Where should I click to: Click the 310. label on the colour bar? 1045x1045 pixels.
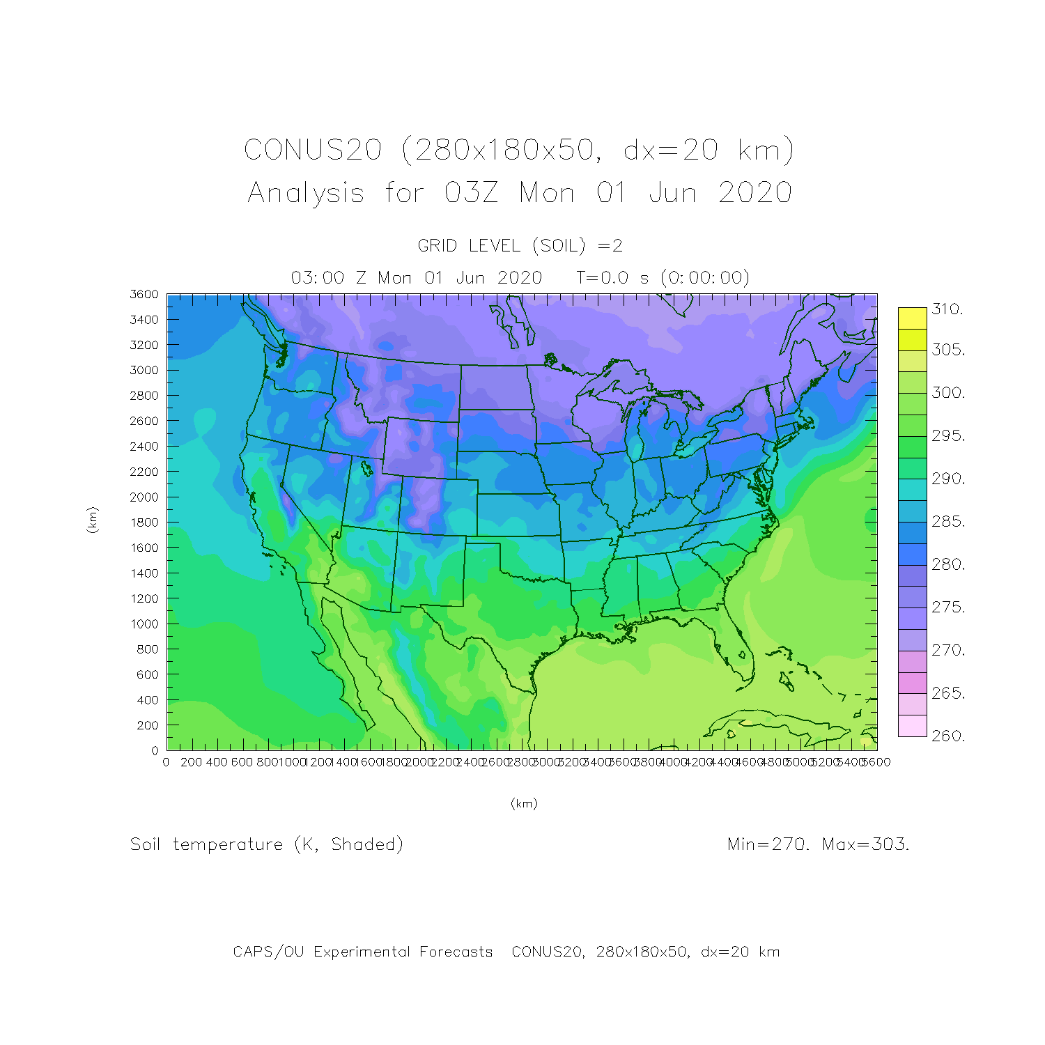coord(947,309)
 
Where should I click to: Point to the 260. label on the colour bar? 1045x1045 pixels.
coord(947,736)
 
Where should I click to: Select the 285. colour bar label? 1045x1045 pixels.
coord(947,522)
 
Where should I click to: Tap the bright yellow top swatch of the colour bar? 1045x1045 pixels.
coord(912,318)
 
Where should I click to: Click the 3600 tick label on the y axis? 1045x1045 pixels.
coord(144,295)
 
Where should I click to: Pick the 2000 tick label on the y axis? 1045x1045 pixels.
coord(144,497)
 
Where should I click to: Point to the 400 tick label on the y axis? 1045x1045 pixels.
coord(147,700)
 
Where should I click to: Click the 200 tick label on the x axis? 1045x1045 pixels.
coord(191,762)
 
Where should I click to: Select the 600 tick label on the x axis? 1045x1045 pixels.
coord(242,762)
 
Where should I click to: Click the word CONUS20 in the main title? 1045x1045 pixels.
coord(313,150)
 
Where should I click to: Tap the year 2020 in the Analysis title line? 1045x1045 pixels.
coord(755,193)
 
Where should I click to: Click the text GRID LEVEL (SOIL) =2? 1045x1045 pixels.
coord(520,246)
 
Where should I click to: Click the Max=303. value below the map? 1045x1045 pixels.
coord(865,844)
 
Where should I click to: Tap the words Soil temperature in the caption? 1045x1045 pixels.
coord(206,844)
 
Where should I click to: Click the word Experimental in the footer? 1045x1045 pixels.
coord(403,952)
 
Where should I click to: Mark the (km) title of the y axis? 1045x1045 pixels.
coord(92,520)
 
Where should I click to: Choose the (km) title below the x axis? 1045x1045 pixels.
coord(524,803)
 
